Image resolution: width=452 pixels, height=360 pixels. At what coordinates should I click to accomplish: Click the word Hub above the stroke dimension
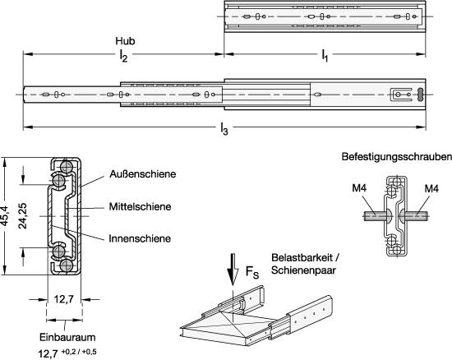(125, 41)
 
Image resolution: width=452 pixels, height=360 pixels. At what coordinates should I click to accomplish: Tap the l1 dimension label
(325, 55)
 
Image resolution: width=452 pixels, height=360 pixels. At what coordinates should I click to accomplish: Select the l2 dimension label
(123, 55)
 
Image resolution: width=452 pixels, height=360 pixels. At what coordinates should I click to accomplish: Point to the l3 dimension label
(224, 128)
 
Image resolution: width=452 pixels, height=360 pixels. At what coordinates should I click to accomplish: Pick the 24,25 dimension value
(23, 216)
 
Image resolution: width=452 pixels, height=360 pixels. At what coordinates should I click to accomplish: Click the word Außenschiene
(143, 174)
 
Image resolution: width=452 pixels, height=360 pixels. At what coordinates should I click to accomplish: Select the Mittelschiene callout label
(140, 206)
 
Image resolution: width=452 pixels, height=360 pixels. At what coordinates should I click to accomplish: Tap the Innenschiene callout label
(140, 238)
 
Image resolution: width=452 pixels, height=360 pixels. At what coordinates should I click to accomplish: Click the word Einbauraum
(67, 337)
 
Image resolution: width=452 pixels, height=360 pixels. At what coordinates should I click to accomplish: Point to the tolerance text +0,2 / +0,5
(79, 352)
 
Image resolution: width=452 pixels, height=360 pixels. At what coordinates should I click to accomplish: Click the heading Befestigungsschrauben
(397, 157)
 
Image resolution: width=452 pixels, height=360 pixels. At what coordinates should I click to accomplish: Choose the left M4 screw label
(359, 188)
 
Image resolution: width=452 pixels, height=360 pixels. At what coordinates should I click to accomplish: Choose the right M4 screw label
(431, 189)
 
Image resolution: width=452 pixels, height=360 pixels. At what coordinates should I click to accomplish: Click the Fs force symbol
(252, 272)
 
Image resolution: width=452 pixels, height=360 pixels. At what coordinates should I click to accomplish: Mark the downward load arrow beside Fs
(233, 270)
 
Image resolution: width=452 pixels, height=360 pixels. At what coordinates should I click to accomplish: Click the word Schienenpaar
(303, 270)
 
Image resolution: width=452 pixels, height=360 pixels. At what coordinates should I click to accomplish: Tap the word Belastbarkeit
(302, 257)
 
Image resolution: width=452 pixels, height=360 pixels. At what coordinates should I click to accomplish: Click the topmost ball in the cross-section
(67, 166)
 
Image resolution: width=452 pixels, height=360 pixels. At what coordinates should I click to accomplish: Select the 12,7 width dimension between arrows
(64, 300)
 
